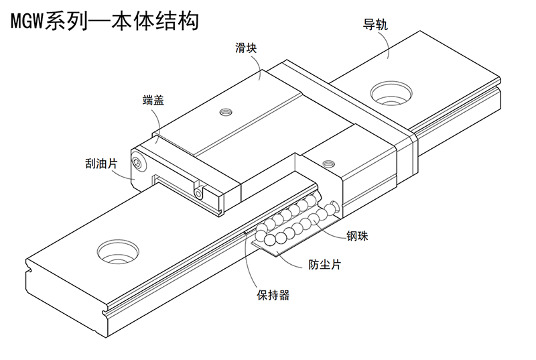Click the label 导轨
click(x=375, y=25)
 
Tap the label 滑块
click(x=246, y=48)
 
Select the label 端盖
click(x=153, y=100)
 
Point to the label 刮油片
click(x=102, y=164)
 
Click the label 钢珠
click(x=357, y=236)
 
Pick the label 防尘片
click(x=325, y=264)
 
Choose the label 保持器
click(x=273, y=295)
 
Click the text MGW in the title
click(x=27, y=21)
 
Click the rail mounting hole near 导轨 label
click(x=391, y=93)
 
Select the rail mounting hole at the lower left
click(x=118, y=251)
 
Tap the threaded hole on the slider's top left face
click(x=224, y=111)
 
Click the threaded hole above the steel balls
click(x=328, y=163)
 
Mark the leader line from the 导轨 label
click(x=387, y=44)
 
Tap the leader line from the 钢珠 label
click(x=329, y=230)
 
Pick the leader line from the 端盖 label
click(x=158, y=123)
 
